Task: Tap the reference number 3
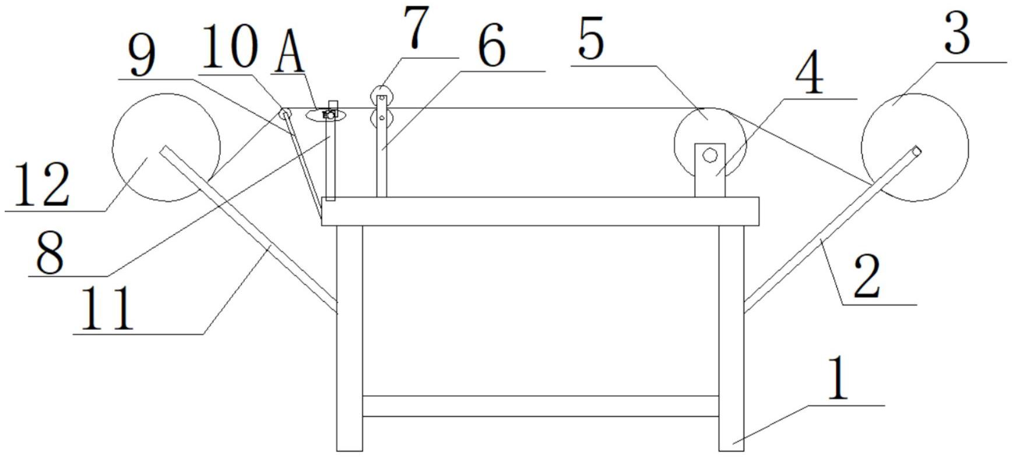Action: tap(956, 34)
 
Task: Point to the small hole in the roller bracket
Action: tap(709, 155)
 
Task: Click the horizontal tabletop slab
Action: tap(540, 211)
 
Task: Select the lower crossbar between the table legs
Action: tap(540, 406)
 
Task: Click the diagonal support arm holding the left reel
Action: tap(256, 233)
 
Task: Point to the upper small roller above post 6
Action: tap(381, 94)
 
